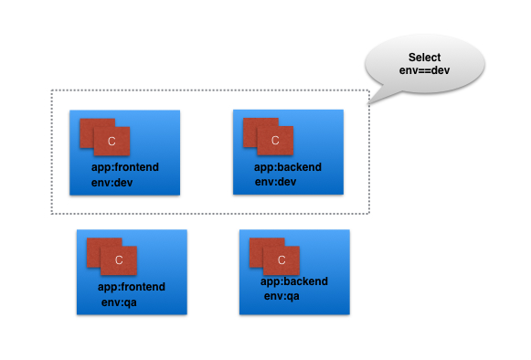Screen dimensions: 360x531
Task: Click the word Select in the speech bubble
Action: pos(425,58)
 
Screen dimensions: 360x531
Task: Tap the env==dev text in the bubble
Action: pos(425,70)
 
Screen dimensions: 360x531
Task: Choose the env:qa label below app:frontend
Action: pos(119,302)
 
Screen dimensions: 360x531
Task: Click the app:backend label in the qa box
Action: pos(293,281)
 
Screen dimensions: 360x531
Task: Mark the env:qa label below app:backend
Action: pos(281,295)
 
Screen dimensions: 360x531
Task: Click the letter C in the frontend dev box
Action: pos(112,142)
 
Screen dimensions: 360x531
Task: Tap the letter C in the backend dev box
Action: pos(275,141)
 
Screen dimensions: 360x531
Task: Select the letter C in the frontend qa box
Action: pos(119,260)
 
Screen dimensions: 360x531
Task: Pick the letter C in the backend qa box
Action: pos(281,259)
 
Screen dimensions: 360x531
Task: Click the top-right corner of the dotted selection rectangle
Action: pos(369,90)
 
